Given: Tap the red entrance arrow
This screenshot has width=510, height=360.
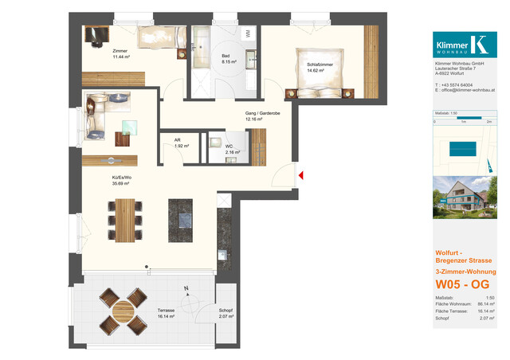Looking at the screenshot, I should click(301, 175).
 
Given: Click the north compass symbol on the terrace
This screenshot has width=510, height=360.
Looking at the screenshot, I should click(187, 294).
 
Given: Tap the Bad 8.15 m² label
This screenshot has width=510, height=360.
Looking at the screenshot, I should click(229, 58).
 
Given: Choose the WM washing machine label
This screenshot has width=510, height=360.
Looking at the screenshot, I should click(248, 33).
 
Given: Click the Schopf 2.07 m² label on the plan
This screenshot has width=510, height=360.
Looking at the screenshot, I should click(226, 314).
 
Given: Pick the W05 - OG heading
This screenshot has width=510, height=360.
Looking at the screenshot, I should click(461, 284).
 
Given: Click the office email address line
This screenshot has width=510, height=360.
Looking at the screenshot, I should click(465, 91).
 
